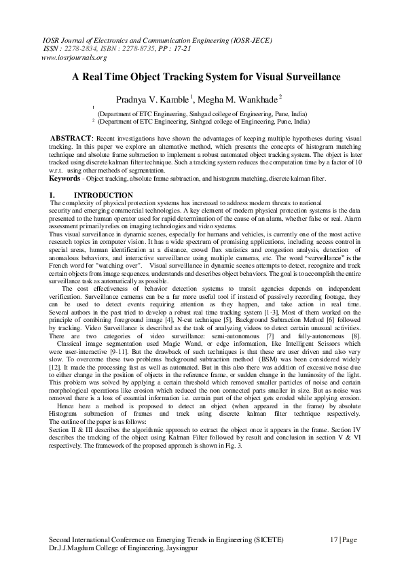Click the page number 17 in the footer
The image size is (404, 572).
(x=335, y=539)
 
